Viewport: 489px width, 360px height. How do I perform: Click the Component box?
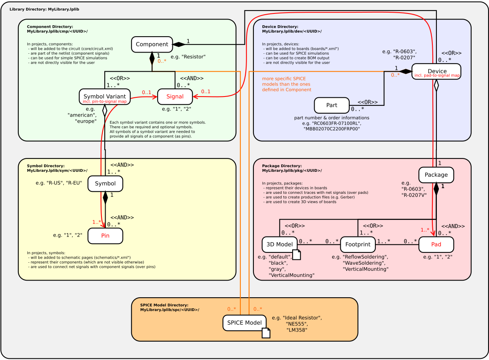[152, 44]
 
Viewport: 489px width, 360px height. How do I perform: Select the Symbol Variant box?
[104, 97]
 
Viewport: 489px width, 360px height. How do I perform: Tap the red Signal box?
[175, 97]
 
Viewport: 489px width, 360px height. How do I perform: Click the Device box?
[436, 71]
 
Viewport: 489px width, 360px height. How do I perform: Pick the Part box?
[332, 105]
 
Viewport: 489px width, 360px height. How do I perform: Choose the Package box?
[436, 175]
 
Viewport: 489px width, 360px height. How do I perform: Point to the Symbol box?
[105, 184]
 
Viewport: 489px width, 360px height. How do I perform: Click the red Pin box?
[105, 236]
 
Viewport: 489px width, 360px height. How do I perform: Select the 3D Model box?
[279, 244]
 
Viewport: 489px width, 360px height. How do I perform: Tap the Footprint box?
[357, 244]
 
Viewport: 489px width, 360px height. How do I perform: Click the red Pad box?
[436, 244]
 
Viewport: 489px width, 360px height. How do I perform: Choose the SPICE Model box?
[244, 323]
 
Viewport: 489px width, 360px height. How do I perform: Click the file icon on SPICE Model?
[266, 333]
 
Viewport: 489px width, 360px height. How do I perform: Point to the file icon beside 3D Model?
[297, 255]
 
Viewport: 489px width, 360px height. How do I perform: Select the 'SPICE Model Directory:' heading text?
[164, 305]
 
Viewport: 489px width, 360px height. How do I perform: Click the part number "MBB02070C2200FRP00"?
[332, 129]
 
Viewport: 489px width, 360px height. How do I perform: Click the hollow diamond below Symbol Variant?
[105, 110]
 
